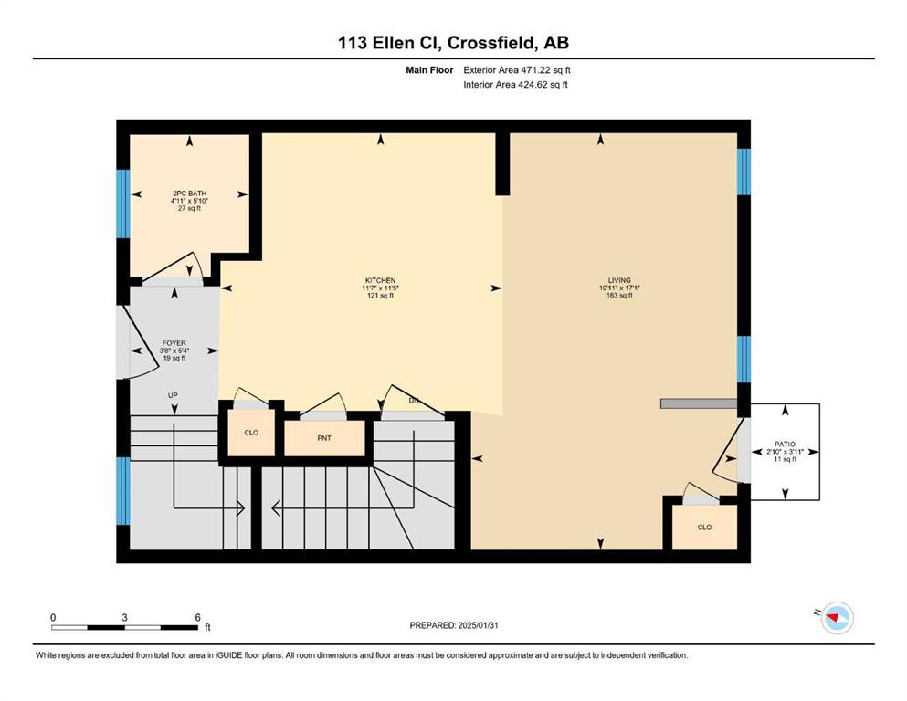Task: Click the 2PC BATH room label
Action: tap(189, 194)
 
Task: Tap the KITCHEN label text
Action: tap(380, 281)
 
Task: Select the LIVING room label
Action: tap(619, 280)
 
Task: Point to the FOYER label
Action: tap(174, 343)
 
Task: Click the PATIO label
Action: tap(785, 445)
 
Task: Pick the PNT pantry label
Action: tap(324, 438)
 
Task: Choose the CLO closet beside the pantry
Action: tap(251, 433)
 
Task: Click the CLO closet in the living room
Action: tap(704, 527)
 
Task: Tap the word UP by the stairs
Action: tap(173, 395)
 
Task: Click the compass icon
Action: tap(837, 618)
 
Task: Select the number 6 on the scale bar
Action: tap(198, 617)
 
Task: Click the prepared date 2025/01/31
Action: tap(478, 625)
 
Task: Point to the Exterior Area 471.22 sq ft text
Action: tap(517, 70)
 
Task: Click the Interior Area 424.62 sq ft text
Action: tap(515, 84)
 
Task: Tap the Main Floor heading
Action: tap(429, 70)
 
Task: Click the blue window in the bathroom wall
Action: tap(122, 204)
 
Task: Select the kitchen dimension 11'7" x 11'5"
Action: tap(380, 288)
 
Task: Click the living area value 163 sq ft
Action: tap(619, 295)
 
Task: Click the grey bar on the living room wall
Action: tap(699, 403)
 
